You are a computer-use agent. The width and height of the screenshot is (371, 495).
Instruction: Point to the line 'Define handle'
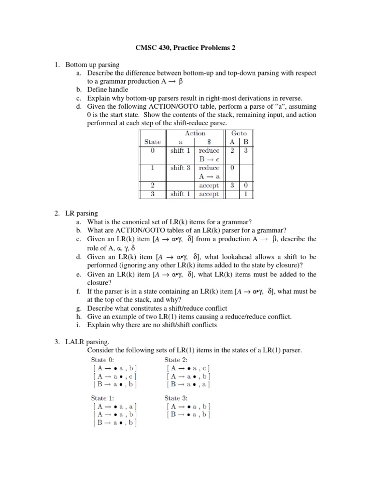[x=108, y=89]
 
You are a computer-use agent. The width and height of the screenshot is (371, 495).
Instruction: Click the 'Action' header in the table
[x=195, y=133]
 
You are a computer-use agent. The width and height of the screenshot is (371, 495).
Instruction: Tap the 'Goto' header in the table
[x=239, y=133]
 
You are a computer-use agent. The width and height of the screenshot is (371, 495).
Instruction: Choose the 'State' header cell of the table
[x=153, y=142]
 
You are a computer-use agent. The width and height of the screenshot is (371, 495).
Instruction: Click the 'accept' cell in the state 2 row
[x=209, y=185]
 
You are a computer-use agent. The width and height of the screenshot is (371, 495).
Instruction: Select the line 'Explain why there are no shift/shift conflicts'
[x=152, y=325]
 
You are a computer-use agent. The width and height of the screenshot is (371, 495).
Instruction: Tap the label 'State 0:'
[x=103, y=359]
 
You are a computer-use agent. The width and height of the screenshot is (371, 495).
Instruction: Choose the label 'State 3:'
[x=176, y=397]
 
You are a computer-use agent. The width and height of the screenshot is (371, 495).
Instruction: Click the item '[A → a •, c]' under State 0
[x=114, y=376]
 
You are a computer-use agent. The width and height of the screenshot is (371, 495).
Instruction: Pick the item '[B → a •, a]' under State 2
[x=188, y=385]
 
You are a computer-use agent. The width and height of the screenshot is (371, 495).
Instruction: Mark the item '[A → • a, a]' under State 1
[x=114, y=406]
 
